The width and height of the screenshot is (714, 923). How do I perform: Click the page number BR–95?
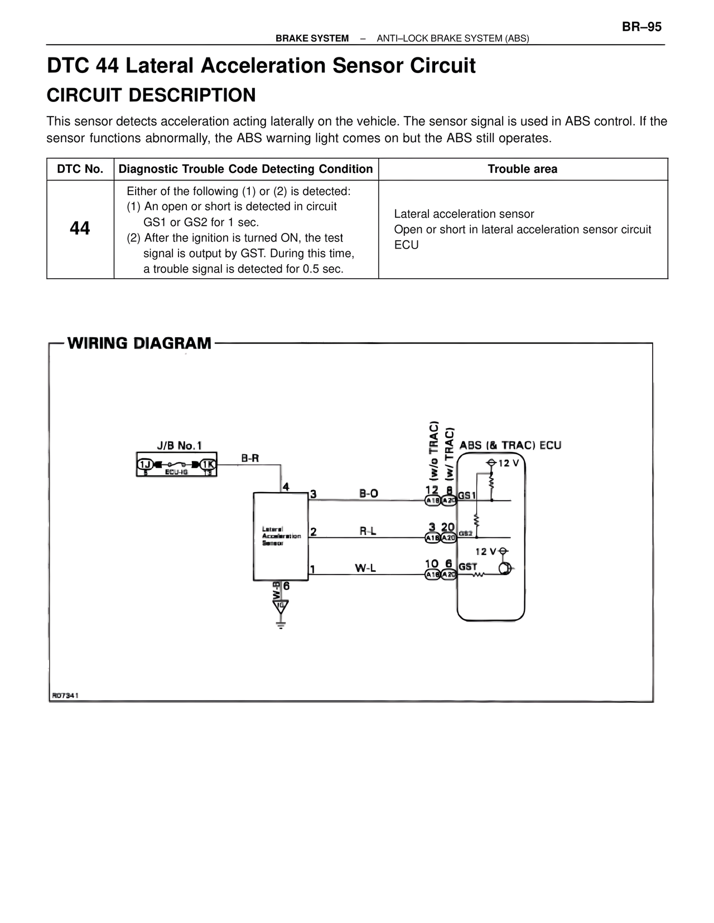(x=641, y=27)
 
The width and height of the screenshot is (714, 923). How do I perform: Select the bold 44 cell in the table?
(x=80, y=229)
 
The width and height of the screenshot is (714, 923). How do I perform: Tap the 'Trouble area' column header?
(x=522, y=169)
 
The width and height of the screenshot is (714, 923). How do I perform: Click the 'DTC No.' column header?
(x=80, y=169)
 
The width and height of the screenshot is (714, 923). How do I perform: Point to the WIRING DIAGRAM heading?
(x=139, y=343)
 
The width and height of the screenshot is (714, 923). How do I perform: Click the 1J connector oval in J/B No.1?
(x=146, y=464)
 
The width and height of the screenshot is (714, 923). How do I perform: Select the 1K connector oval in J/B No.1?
(x=209, y=464)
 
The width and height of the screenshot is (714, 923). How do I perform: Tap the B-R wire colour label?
(x=250, y=458)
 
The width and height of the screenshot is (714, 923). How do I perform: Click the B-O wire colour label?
(x=369, y=493)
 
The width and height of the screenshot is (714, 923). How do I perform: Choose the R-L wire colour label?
(x=368, y=531)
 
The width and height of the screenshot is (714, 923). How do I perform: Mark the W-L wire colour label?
(x=365, y=568)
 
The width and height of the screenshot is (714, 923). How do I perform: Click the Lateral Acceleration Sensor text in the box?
(x=281, y=536)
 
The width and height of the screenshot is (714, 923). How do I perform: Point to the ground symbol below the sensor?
(x=281, y=623)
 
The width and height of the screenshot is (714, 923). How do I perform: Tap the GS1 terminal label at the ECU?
(x=467, y=495)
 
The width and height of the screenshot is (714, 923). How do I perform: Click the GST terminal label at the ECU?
(x=467, y=567)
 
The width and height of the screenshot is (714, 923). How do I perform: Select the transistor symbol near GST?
(x=504, y=569)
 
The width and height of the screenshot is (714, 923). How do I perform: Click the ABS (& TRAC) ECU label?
(x=510, y=445)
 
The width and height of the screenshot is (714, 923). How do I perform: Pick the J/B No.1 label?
(x=179, y=445)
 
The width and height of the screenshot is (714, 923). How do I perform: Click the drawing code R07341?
(x=65, y=696)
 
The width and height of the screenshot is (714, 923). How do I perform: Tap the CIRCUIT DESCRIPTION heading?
(x=151, y=95)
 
